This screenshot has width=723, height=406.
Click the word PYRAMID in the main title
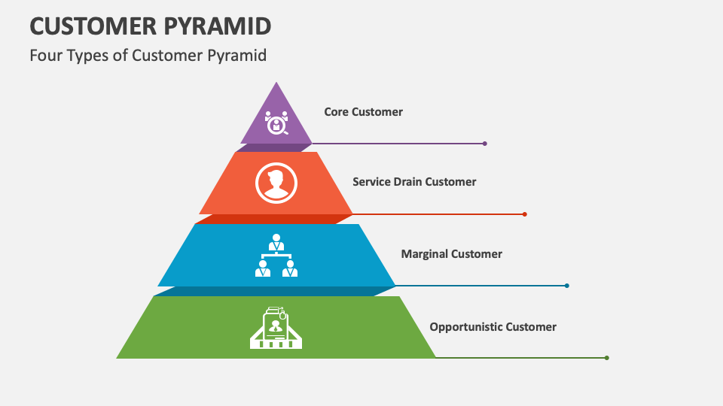218,26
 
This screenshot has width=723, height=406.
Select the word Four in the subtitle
44,56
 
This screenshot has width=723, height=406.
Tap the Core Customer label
363,112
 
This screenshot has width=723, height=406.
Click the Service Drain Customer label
414,182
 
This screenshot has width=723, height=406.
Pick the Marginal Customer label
451,254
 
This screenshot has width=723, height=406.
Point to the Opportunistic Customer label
493,327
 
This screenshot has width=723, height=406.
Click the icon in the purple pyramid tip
276,122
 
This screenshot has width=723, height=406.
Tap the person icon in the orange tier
276,183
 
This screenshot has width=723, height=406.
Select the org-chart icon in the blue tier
276,256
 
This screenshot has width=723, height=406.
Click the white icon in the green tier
276,328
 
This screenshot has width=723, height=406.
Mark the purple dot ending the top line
485,144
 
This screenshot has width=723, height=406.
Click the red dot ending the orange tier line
525,214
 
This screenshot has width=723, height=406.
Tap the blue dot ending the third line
567,286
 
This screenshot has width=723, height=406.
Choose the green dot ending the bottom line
607,358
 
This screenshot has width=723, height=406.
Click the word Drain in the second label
407,182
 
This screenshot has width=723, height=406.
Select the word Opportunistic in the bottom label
466,327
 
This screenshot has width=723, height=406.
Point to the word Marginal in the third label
425,254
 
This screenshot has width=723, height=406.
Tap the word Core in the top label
337,112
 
